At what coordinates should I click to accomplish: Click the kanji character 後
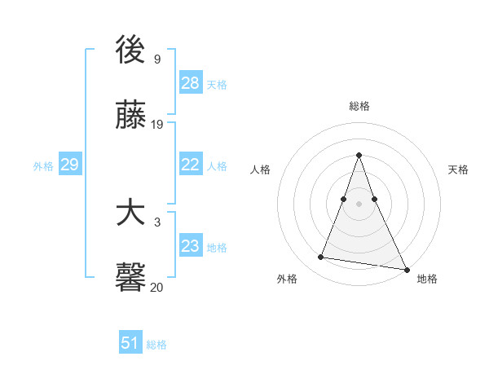click(x=130, y=50)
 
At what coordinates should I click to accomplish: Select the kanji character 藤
click(x=130, y=116)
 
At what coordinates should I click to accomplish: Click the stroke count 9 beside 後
click(x=156, y=59)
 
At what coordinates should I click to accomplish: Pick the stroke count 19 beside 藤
click(x=158, y=125)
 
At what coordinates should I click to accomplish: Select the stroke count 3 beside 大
click(x=156, y=222)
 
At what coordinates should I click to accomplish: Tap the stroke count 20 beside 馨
click(x=158, y=287)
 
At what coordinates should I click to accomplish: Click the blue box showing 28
click(x=190, y=83)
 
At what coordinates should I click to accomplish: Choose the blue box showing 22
click(x=190, y=165)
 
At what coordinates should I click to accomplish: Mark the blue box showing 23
click(x=190, y=246)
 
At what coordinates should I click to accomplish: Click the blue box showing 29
click(x=69, y=165)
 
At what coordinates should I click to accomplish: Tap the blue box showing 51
click(x=130, y=343)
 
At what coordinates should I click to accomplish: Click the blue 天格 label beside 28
click(x=217, y=85)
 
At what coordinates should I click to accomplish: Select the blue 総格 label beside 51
click(x=156, y=345)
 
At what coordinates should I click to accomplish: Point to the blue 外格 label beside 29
click(x=43, y=166)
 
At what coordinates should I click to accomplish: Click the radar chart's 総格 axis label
click(x=359, y=106)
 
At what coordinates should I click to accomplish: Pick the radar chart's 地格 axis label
click(x=427, y=279)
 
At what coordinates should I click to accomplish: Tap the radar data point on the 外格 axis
click(x=321, y=258)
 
